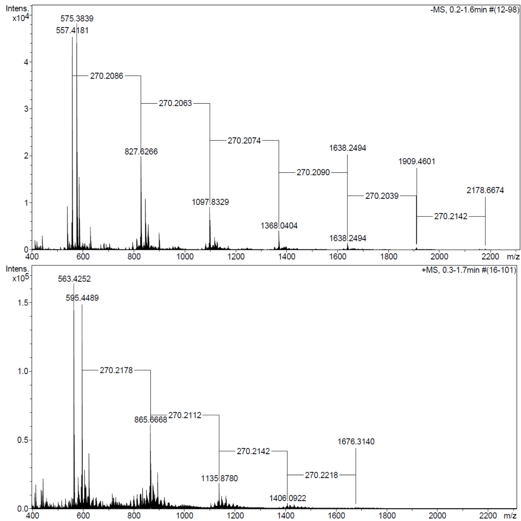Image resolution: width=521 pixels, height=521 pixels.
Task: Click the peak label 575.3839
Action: click(x=77, y=19)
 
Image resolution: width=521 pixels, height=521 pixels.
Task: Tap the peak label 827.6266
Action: click(x=141, y=152)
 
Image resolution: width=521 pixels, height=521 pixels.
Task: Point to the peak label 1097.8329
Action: click(x=210, y=202)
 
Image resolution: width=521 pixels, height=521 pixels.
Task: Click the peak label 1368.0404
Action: click(x=279, y=226)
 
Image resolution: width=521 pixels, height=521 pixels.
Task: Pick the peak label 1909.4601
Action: click(x=417, y=162)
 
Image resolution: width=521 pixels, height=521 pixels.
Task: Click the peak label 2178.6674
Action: click(x=485, y=190)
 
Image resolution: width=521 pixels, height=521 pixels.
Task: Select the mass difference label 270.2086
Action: click(x=107, y=76)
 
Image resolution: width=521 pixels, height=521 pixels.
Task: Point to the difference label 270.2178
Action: click(x=116, y=370)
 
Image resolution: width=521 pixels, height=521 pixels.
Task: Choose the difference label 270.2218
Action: click(x=321, y=475)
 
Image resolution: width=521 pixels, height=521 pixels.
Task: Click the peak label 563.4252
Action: click(x=74, y=279)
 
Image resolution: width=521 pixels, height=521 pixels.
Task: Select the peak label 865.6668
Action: click(x=151, y=420)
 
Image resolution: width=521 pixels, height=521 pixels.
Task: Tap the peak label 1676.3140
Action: click(x=356, y=442)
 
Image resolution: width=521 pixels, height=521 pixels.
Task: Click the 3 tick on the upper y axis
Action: click(x=26, y=109)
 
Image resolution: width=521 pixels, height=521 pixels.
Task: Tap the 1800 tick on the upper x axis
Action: click(x=389, y=256)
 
